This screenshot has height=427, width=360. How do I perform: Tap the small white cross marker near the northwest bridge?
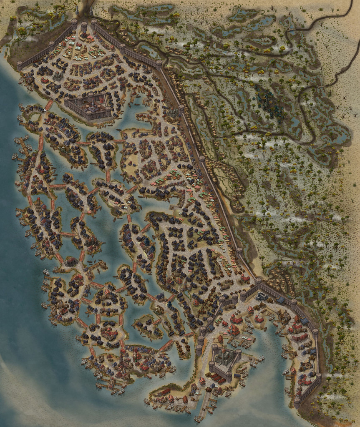45,110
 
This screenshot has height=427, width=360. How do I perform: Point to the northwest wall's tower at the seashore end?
19,65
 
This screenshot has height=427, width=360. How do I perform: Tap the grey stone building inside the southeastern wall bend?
262,296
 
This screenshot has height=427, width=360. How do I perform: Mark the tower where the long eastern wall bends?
258,281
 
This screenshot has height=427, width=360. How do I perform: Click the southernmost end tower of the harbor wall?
297,402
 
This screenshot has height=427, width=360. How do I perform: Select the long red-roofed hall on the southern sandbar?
165,392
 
